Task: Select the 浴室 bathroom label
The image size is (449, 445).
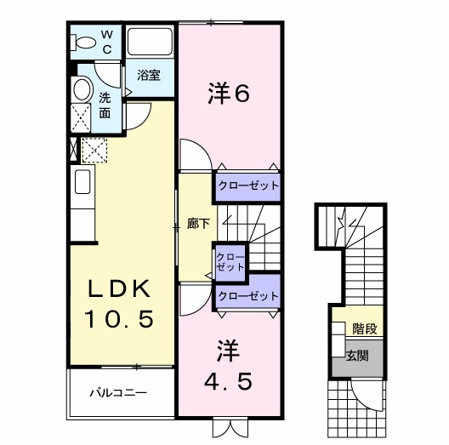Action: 149,75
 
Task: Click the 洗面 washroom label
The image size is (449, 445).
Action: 104,104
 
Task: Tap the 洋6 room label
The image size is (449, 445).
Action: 227,94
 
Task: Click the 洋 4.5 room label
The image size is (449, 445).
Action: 227,363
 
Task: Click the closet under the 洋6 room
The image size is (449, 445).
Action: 247,185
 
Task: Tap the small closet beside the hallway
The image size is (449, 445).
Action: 228,261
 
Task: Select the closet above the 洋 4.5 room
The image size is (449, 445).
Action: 247,295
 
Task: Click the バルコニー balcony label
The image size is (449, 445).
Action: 120,394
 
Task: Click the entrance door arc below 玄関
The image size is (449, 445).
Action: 367,394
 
